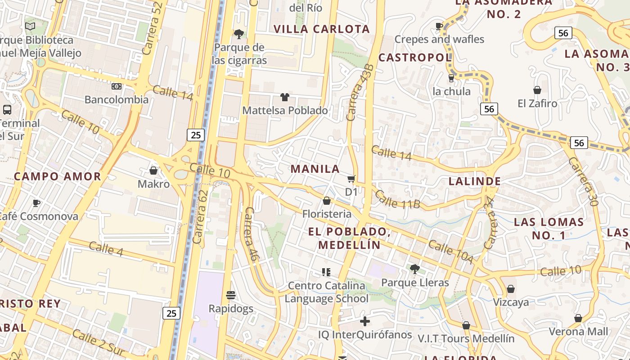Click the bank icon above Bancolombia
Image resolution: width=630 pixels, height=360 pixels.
[x=117, y=86]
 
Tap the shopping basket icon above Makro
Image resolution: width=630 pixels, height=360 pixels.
[x=153, y=171]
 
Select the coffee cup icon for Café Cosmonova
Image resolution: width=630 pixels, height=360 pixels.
[x=36, y=203]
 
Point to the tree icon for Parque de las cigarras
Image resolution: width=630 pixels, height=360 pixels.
[x=238, y=34]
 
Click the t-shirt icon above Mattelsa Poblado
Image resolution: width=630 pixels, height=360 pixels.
[x=284, y=97]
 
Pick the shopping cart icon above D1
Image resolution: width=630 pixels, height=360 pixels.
[x=351, y=179]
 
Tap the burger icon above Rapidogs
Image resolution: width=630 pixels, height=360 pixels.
[x=231, y=295]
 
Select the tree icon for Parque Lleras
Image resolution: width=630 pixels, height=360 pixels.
[x=414, y=269]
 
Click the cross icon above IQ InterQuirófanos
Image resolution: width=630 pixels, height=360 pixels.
[x=365, y=321]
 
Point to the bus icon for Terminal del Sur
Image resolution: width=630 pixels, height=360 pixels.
[x=7, y=109]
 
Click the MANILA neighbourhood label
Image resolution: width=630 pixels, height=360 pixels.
[x=315, y=169]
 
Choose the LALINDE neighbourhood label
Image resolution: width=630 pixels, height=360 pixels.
[x=475, y=181]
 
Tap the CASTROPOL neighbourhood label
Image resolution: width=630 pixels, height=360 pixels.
[x=415, y=58]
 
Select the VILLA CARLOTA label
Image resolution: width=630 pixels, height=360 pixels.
[x=322, y=29]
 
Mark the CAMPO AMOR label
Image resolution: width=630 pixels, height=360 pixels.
[x=58, y=176]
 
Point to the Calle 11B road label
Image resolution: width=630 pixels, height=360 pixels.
[x=397, y=200]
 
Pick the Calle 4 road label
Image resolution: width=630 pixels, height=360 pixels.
[x=106, y=248]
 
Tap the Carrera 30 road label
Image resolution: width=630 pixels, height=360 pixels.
[x=583, y=181]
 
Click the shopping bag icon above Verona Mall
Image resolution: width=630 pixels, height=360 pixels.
[x=578, y=319]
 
